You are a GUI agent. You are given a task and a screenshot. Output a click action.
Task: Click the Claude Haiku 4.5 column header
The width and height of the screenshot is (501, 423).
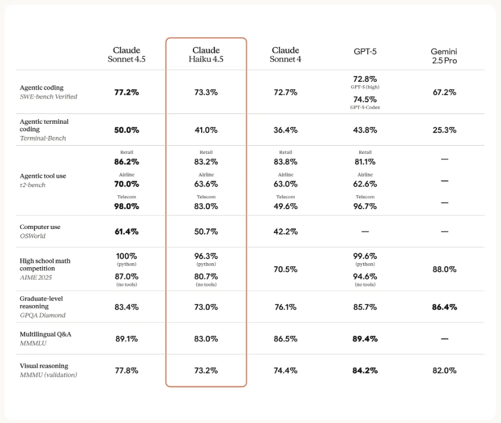[206, 55]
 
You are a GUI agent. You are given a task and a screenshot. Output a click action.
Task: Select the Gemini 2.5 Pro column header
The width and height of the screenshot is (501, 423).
[444, 56]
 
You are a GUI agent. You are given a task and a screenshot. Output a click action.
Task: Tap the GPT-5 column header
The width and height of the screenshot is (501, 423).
[365, 51]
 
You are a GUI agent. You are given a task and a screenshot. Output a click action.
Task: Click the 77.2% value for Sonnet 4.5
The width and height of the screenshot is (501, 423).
[126, 92]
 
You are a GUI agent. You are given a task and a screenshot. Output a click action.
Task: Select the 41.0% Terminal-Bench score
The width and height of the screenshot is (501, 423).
[206, 130]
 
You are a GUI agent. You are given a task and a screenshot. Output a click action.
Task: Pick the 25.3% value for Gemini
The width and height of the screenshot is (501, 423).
[444, 130]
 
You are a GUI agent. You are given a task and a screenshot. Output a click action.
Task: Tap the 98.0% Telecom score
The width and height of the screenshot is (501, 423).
[126, 206]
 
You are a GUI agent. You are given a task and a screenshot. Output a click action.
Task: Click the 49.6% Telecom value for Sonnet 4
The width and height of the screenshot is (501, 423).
[285, 206]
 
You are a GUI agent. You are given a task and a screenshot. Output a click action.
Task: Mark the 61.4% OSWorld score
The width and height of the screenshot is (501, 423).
[126, 231]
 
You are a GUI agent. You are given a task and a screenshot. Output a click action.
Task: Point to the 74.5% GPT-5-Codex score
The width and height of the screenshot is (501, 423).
[365, 99]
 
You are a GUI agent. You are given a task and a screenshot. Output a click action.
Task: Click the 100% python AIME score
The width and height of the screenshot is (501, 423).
[126, 256]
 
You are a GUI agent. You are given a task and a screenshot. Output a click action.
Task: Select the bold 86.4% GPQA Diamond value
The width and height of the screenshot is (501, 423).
[444, 307]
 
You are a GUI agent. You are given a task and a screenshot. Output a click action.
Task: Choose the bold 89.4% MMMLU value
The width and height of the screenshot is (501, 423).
[365, 338]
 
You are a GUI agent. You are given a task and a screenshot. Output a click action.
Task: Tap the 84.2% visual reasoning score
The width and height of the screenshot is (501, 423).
[365, 370]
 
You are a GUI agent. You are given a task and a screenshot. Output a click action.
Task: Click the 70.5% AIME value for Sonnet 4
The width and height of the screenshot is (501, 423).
[285, 269]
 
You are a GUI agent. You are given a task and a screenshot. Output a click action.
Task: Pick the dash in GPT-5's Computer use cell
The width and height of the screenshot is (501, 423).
[365, 231]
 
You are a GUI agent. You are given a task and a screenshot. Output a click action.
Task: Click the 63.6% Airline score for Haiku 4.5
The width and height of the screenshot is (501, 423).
[206, 184]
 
